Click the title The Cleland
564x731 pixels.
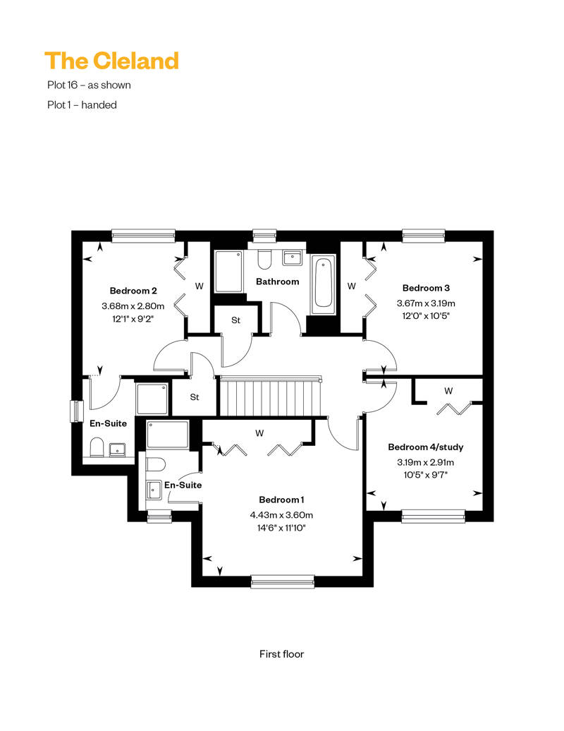pos(112,61)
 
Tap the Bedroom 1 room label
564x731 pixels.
pos(281,500)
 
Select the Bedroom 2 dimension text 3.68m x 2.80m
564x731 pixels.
pos(133,306)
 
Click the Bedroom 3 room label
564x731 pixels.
pos(426,288)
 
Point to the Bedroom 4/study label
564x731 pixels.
pos(426,447)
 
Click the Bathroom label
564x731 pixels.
pos(278,282)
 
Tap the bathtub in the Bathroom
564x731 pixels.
pos(324,284)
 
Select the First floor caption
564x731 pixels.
pos(281,654)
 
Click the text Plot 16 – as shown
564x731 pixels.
pos(89,85)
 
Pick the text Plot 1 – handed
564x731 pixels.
pos(82,105)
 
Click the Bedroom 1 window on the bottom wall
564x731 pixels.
pos(283,581)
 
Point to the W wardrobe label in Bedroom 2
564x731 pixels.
pos(200,286)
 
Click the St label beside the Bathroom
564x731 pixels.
pos(235,320)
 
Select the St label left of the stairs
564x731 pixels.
pos(195,397)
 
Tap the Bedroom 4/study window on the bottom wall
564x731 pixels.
pos(433,516)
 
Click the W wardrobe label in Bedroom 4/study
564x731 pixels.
pos(448,391)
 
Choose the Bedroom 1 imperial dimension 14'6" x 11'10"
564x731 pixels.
pos(281,528)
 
